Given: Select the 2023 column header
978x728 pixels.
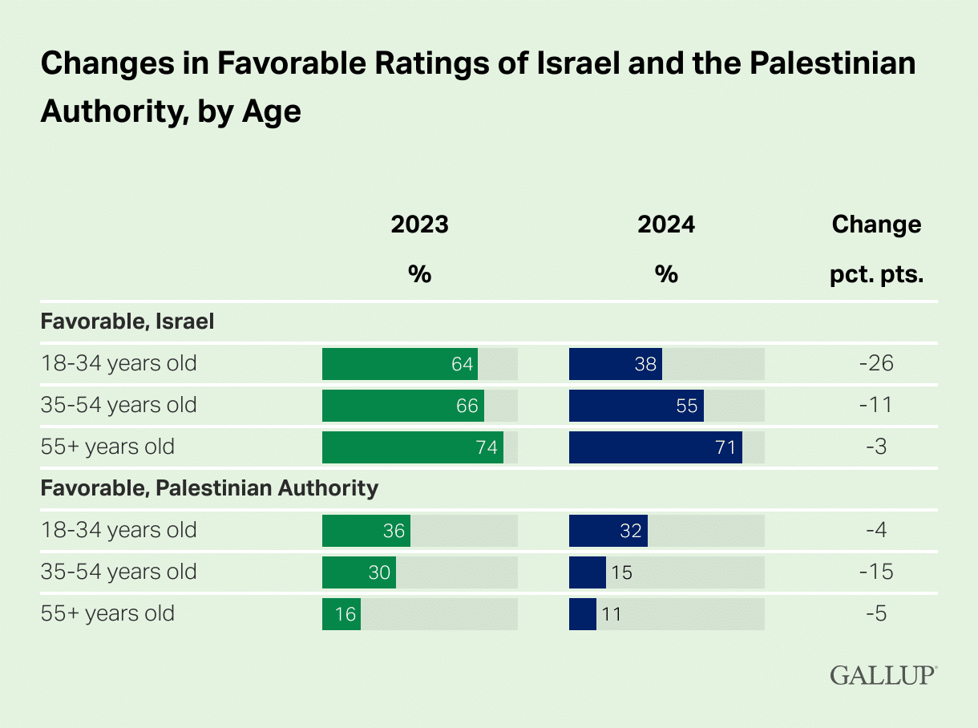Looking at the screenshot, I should [419, 224].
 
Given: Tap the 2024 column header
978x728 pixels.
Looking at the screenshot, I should [666, 224].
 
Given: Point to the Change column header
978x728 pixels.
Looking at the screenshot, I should [876, 224].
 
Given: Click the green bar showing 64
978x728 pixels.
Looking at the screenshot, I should [400, 364].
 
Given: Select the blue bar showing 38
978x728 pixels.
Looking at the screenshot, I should [615, 364].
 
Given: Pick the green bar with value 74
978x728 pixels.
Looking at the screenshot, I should [412, 447].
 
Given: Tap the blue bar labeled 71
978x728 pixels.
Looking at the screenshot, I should [655, 447].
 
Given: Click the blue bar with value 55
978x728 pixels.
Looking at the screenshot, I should [636, 406].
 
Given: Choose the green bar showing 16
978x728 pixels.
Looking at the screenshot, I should [341, 614].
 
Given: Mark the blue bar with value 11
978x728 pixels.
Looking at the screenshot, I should [583, 614].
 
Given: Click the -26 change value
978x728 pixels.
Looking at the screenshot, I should [876, 364].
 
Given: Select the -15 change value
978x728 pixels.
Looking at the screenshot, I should [876, 572].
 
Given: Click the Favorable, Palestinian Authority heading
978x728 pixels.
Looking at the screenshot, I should [209, 487].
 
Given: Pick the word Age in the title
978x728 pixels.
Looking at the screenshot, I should [272, 111].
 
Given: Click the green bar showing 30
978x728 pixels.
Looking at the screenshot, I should [358, 572].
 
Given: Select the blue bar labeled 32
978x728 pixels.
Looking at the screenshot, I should [608, 531].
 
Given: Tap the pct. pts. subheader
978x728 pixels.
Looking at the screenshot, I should [876, 275].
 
